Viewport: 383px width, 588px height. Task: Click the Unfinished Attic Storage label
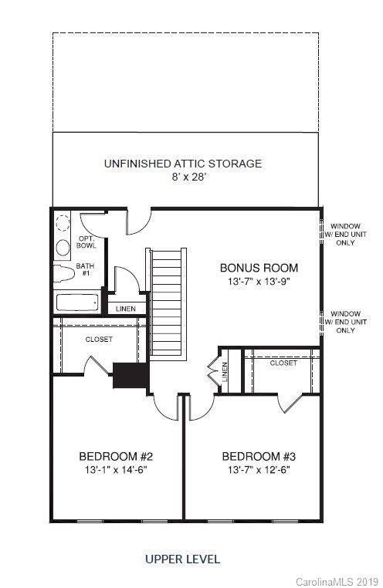tap(183, 164)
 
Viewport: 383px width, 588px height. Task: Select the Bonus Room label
tap(259, 269)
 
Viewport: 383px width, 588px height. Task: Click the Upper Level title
tap(182, 559)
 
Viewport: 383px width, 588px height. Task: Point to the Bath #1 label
tap(85, 270)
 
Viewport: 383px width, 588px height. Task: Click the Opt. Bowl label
tap(86, 242)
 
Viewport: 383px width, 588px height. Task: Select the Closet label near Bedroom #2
tap(99, 340)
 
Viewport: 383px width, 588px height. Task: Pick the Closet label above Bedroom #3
tap(283, 363)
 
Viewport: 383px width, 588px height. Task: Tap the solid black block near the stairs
tap(130, 375)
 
